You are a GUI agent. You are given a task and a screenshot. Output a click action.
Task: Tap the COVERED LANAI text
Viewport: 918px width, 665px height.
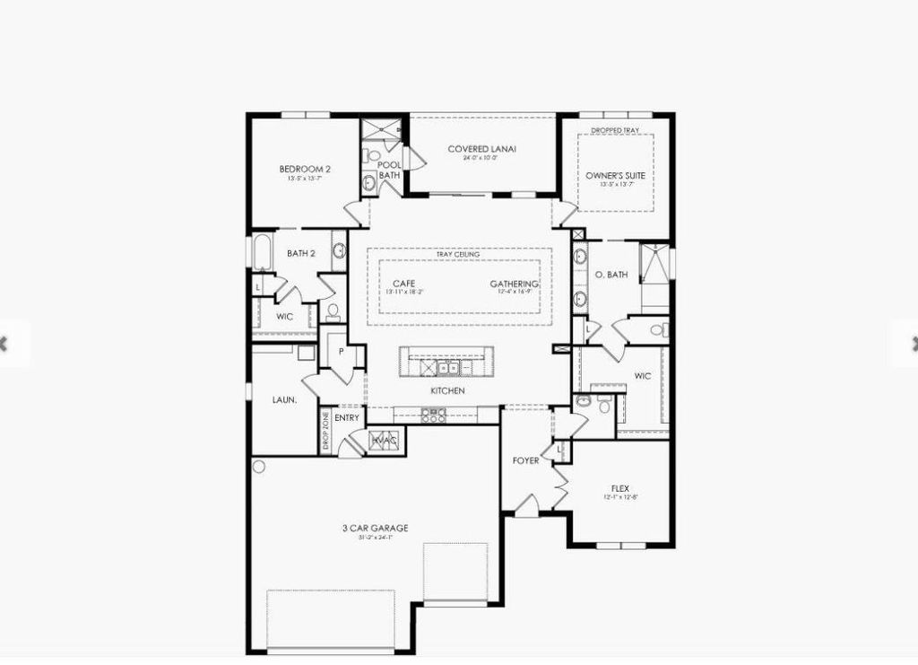pyautogui.click(x=481, y=149)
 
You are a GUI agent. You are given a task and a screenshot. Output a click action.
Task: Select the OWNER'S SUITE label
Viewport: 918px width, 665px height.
pyautogui.click(x=615, y=176)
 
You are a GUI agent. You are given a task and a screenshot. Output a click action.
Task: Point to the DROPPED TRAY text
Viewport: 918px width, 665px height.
pyautogui.click(x=615, y=131)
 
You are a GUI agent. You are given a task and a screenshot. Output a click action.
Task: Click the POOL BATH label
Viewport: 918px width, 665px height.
pyautogui.click(x=389, y=171)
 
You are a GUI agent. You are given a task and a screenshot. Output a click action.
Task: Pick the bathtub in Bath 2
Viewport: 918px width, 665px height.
pyautogui.click(x=262, y=252)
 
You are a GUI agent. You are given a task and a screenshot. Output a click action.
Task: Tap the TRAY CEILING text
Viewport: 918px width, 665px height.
pyautogui.click(x=458, y=255)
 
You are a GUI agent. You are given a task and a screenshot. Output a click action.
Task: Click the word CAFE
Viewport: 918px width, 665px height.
pyautogui.click(x=403, y=284)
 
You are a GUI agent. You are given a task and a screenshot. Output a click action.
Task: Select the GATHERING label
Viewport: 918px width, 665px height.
pyautogui.click(x=514, y=284)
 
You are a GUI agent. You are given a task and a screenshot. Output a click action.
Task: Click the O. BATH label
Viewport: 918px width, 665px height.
pyautogui.click(x=611, y=275)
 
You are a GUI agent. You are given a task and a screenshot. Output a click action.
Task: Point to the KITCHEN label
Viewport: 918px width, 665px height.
pyautogui.click(x=447, y=391)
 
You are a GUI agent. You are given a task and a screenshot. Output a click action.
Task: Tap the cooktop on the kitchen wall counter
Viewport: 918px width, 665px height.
pyautogui.click(x=433, y=416)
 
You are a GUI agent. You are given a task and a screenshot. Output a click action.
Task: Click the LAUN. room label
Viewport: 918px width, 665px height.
pyautogui.click(x=284, y=400)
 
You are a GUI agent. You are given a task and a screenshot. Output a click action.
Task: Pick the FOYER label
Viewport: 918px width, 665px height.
pyautogui.click(x=525, y=460)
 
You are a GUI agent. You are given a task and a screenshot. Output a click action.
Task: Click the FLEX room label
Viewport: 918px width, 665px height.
pyautogui.click(x=620, y=488)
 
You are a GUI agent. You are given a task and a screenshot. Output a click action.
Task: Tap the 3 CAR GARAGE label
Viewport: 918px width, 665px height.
pyautogui.click(x=368, y=529)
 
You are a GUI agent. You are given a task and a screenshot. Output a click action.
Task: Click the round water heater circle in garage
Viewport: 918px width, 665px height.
pyautogui.click(x=259, y=467)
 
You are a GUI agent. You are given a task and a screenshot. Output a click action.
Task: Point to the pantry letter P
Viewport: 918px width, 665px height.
pyautogui.click(x=342, y=352)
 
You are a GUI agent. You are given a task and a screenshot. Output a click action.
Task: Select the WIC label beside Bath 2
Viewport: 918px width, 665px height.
pyautogui.click(x=284, y=317)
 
